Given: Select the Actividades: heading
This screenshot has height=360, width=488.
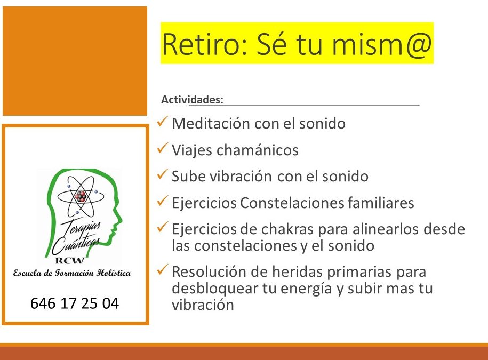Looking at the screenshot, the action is coord(193,100).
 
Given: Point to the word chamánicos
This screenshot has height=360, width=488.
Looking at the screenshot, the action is coord(258,150).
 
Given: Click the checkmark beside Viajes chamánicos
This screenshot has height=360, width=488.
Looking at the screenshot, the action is coord(163,148).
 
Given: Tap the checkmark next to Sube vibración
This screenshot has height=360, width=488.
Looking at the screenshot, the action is coord(163,174).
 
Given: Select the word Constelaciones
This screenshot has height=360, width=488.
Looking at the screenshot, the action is coord(292,203).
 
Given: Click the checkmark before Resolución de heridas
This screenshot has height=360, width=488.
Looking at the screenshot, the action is coord(163,269).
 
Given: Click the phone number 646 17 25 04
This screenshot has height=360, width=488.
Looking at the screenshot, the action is coord(75,303).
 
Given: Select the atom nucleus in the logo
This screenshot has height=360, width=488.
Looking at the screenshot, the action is coord(81,197).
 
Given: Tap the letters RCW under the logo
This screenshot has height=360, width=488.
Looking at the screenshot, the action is coord(70,260).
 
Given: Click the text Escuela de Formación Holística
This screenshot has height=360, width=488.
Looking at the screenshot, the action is coord(72,273).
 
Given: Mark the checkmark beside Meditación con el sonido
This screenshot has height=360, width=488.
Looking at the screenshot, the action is coord(163,122).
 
